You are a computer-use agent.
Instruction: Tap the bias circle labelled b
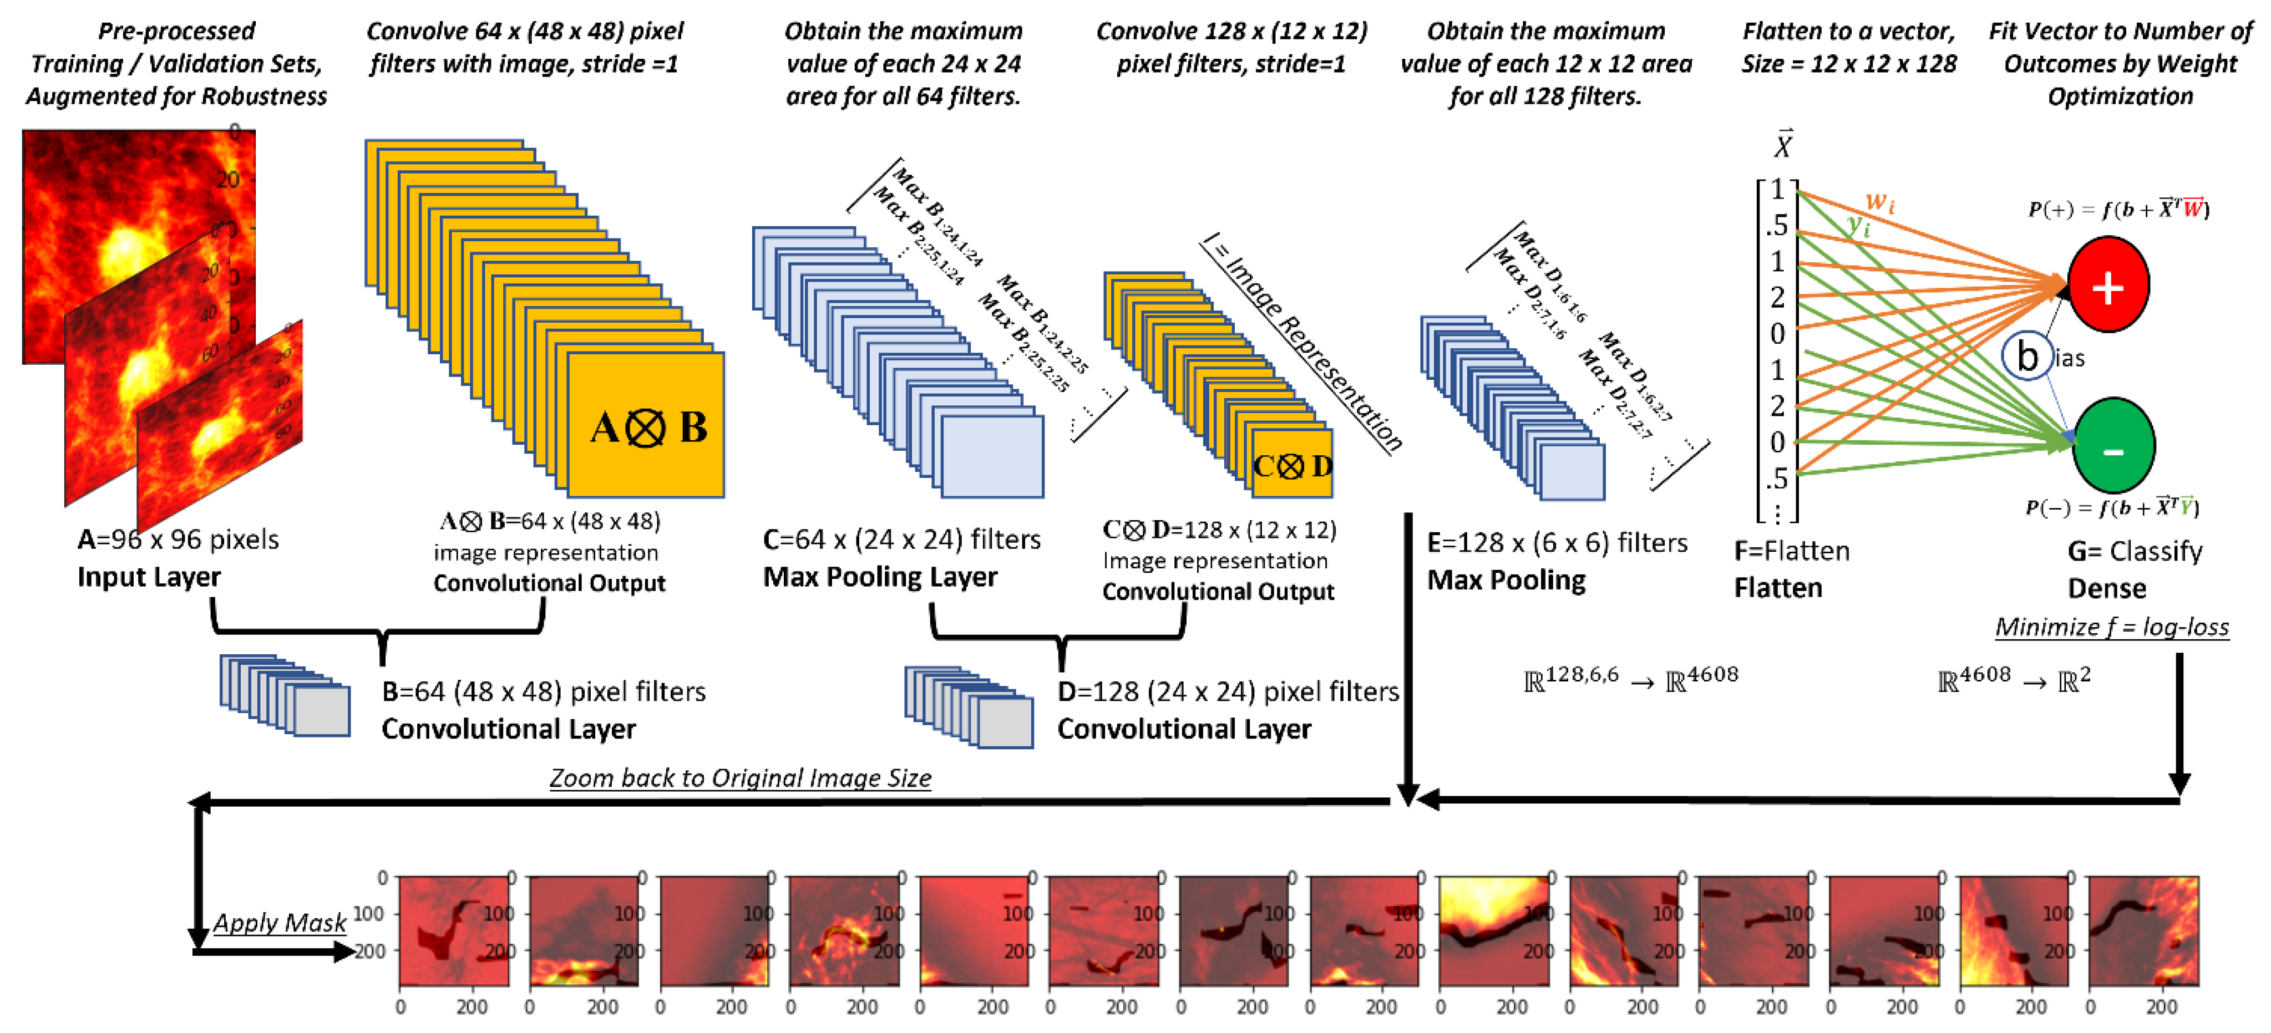tap(2027, 356)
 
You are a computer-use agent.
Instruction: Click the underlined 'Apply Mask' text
tap(280, 923)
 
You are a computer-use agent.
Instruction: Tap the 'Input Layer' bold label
tap(149, 577)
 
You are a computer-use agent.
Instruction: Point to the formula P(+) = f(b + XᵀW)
tap(2118, 210)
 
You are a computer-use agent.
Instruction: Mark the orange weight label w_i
tap(1879, 203)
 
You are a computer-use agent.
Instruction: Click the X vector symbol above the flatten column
tap(1783, 144)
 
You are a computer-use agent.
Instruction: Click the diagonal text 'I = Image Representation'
tap(1303, 344)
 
